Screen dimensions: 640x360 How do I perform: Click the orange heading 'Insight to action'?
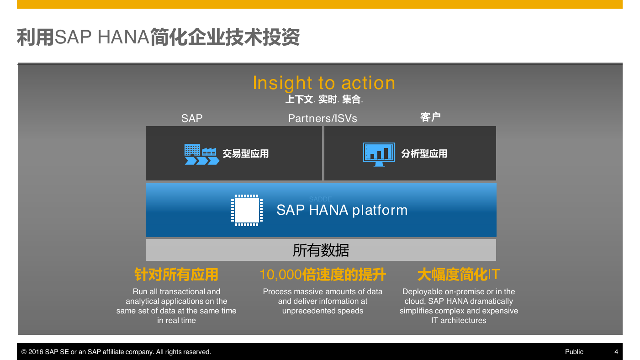(x=324, y=83)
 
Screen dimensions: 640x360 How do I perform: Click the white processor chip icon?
(x=247, y=210)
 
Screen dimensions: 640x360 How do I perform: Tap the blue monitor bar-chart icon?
(x=379, y=154)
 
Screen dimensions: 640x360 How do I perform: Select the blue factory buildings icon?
(x=202, y=154)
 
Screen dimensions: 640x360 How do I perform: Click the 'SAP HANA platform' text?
(x=342, y=210)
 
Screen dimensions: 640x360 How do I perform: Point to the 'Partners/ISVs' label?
(x=323, y=118)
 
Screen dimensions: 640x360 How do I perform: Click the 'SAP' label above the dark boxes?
(x=192, y=118)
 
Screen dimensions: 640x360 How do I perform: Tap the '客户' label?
(x=430, y=117)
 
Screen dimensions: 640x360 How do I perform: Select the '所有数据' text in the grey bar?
(x=321, y=250)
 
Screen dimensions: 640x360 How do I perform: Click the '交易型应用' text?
(x=245, y=154)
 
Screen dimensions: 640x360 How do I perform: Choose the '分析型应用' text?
(x=424, y=154)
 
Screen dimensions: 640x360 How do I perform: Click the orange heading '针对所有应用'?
(x=176, y=275)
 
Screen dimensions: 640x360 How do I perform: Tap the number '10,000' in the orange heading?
(x=280, y=275)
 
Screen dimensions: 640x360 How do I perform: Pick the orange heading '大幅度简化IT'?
(x=459, y=275)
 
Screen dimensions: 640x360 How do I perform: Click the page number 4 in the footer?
(x=616, y=352)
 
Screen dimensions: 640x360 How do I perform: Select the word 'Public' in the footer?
(x=574, y=352)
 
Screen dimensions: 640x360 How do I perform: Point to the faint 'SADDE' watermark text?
(x=320, y=199)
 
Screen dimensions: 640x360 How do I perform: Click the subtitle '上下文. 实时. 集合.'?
(x=324, y=100)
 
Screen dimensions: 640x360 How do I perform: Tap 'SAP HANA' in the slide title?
(x=102, y=37)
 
